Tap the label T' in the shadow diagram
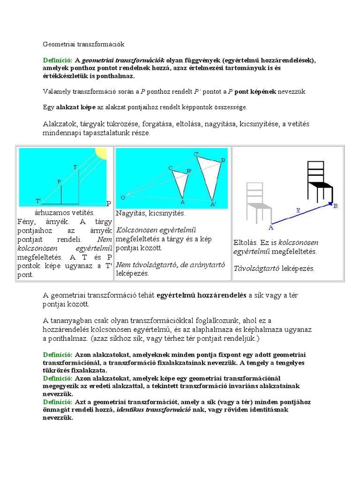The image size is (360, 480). (x=38, y=201)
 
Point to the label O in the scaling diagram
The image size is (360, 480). (x=123, y=197)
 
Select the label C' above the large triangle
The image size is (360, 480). (x=196, y=154)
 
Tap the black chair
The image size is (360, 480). (x=319, y=181)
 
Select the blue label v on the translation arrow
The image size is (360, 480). (x=298, y=210)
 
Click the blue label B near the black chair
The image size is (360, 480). (x=335, y=206)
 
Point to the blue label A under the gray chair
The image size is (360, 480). (x=270, y=227)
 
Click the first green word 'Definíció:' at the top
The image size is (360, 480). (x=58, y=60)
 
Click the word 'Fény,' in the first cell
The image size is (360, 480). (x=27, y=222)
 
